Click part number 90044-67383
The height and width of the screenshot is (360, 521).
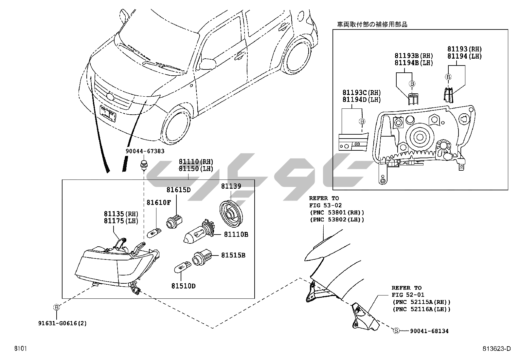click(145, 151)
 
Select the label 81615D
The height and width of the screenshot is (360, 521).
click(178, 190)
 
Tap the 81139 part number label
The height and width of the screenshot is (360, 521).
click(231, 186)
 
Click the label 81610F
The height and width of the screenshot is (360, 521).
click(158, 203)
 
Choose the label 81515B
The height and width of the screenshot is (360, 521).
click(233, 255)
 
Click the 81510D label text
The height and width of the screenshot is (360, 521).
click(183, 286)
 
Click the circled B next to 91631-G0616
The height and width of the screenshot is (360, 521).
click(57, 308)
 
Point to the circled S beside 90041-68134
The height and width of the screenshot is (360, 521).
click(396, 331)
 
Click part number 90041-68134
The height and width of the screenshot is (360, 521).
click(429, 331)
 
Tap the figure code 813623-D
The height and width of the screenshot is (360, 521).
click(496, 349)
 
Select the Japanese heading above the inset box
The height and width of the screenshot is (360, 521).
click(372, 25)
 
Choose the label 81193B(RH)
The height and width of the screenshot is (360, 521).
click(413, 56)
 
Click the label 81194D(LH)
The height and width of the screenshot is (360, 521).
click(361, 100)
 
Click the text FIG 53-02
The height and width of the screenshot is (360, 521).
click(325, 205)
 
